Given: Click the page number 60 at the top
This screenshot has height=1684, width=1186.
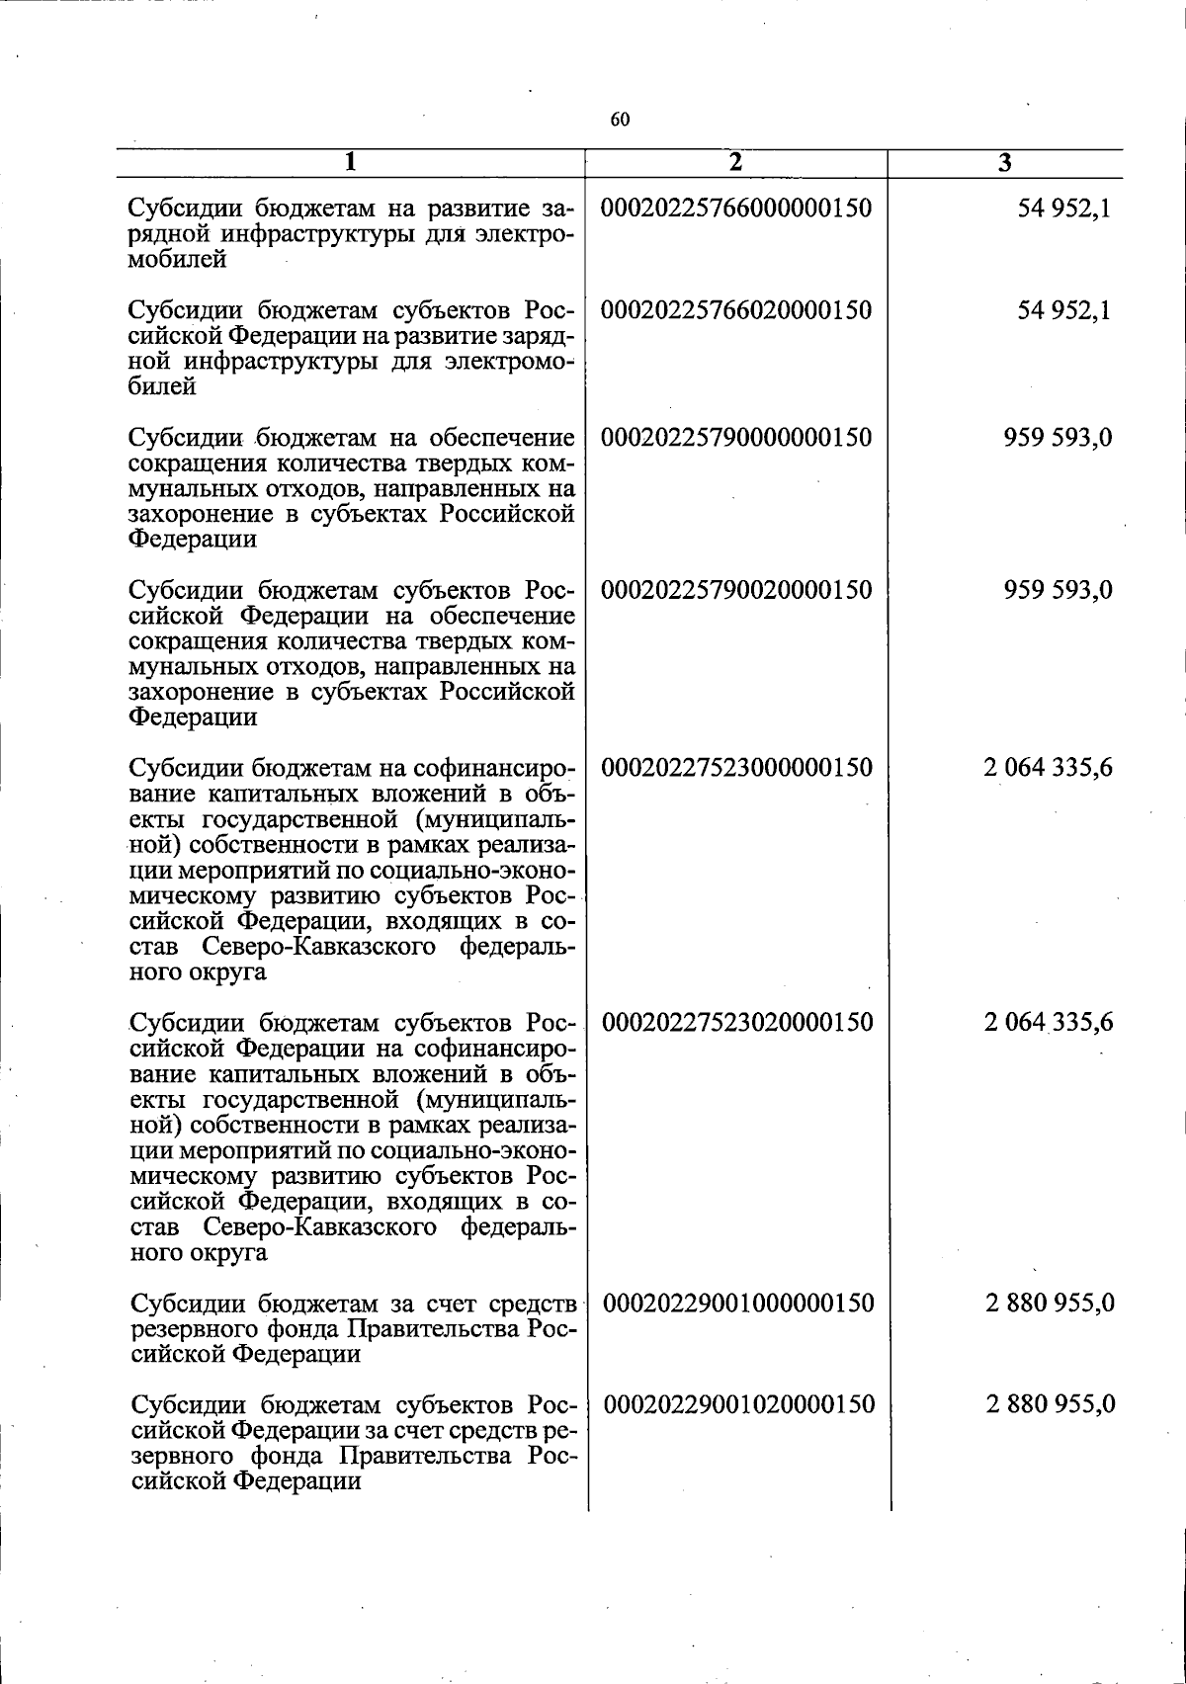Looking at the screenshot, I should pos(620,121).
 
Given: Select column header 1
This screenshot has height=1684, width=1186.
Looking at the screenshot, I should pos(351,163).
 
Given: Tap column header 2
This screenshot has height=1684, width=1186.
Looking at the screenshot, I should pos(735,163).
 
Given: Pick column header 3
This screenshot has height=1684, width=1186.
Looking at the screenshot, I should pos(1004,164).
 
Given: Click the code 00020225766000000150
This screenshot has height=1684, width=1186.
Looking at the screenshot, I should pos(736,210).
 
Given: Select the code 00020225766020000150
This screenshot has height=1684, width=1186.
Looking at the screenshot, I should pos(736,310).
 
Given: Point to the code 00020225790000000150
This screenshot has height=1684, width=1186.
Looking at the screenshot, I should pos(736,437).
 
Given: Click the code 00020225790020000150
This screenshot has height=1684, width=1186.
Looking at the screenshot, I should pos(736,590).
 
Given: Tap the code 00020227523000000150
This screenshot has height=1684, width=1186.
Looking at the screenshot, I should pos(736,768).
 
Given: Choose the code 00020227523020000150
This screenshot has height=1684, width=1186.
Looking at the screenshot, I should pos(736,1022).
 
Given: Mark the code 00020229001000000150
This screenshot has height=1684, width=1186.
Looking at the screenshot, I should pos(737,1303).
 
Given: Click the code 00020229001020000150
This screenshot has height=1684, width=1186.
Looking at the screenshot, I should pos(737,1403).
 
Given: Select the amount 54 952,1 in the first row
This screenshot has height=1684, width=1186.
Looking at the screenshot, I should pos(1063,210).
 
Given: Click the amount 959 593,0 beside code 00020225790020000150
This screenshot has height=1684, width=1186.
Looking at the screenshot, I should pos(1058,590).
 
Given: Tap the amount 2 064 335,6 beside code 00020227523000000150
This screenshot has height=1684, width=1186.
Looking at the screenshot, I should pos(1049,768).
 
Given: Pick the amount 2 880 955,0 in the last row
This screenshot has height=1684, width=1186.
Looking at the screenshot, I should pos(1051,1403).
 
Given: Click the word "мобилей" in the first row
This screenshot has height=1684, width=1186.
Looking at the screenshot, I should pos(179,261).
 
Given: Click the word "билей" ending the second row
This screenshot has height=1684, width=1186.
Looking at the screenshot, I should pos(163,387).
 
